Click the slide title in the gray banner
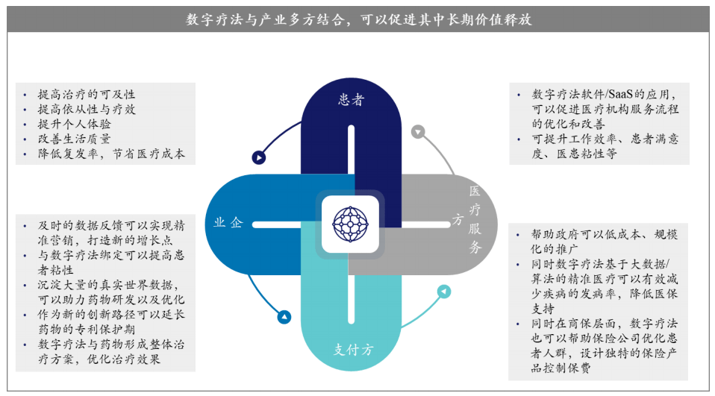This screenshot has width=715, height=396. point(358,19)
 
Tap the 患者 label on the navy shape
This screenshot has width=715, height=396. point(351,100)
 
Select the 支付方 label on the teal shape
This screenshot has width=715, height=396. point(354,350)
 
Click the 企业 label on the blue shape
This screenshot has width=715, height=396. point(228,222)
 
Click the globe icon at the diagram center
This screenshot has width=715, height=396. point(350,224)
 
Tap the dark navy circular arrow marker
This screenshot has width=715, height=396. point(259,157)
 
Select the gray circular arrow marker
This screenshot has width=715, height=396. point(418,132)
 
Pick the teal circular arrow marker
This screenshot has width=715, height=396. point(444,291)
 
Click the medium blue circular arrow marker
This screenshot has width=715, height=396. point(284,317)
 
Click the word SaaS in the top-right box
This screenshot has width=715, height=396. point(620,94)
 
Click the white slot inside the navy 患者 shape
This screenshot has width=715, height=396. point(351,149)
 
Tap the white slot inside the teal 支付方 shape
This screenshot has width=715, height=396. point(351,298)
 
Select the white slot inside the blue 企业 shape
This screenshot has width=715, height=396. point(276,224)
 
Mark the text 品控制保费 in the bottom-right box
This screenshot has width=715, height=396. point(561,368)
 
